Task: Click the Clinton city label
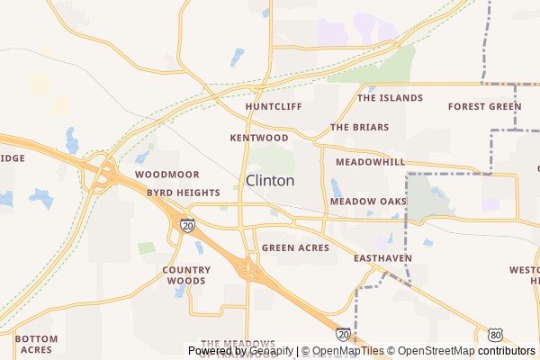[x=270, y=180]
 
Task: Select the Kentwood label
[x=259, y=139]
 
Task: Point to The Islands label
[x=390, y=97]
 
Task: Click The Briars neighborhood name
[x=358, y=128]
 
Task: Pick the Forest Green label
[x=484, y=106]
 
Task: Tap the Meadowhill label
[x=370, y=162]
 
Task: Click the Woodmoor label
[x=166, y=173]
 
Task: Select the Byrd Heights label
[x=184, y=193]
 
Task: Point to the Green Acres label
[x=295, y=247]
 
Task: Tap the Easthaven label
[x=382, y=258]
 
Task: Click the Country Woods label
[x=186, y=274]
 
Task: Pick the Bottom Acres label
[x=36, y=344]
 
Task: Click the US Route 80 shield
[x=497, y=334]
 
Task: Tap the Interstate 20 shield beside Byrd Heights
[x=186, y=225]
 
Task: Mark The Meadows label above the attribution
[x=238, y=343]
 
